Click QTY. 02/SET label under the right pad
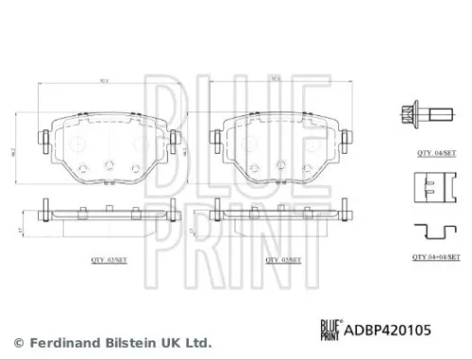click(x=281, y=257)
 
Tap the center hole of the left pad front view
click(x=107, y=166)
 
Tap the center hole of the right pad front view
click(x=281, y=166)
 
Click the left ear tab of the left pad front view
click(x=44, y=140)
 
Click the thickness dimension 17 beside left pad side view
click(x=23, y=230)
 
